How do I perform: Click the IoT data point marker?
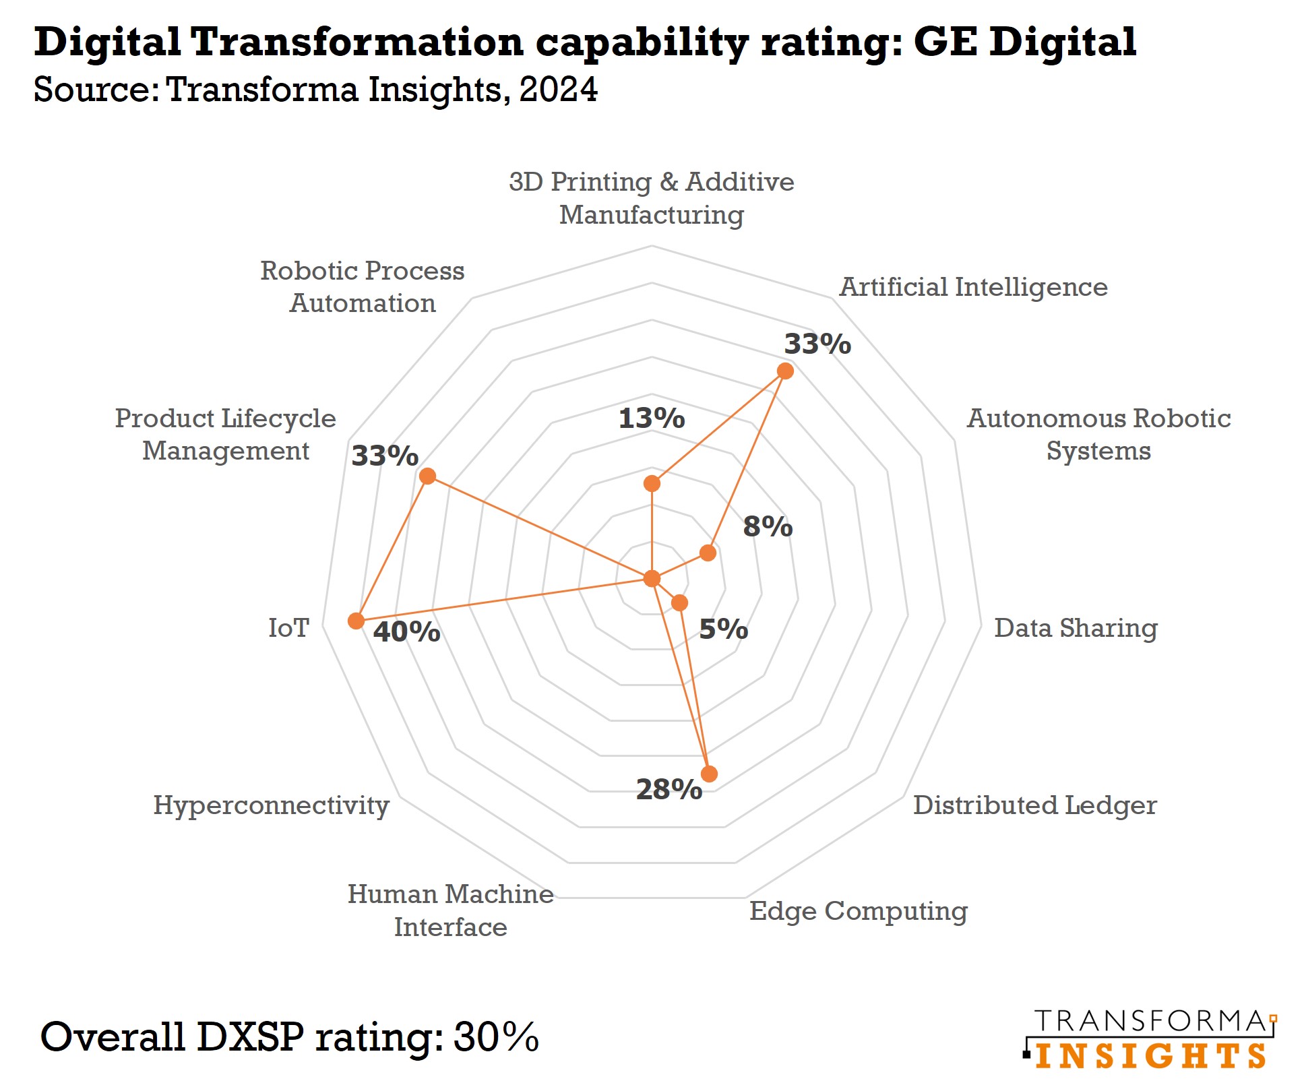click(x=356, y=621)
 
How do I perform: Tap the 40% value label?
click(x=406, y=632)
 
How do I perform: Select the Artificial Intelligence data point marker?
click(x=785, y=371)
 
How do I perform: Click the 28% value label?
click(x=669, y=789)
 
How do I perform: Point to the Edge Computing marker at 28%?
click(x=709, y=774)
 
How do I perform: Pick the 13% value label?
click(x=652, y=418)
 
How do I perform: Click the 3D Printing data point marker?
click(x=652, y=483)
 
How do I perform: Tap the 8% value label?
click(x=768, y=526)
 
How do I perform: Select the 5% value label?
click(x=723, y=629)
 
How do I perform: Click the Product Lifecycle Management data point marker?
click(x=427, y=476)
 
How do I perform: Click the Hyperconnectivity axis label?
click(x=271, y=805)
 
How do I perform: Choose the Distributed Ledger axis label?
click(x=1034, y=805)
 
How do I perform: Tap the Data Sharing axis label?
click(x=1076, y=628)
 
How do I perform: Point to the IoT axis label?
click(x=288, y=628)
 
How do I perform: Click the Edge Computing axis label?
click(x=858, y=911)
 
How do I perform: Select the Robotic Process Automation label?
click(x=363, y=287)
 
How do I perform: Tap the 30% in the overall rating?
click(x=496, y=1036)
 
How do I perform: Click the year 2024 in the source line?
click(x=558, y=90)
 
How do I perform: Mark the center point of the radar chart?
click(x=652, y=578)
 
